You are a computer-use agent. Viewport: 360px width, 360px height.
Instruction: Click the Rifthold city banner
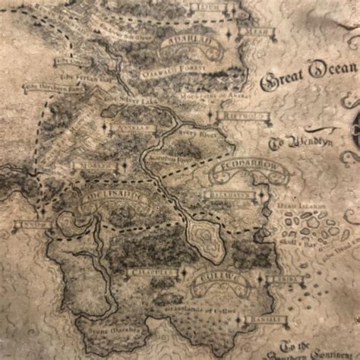pyautogui.click(x=242, y=117)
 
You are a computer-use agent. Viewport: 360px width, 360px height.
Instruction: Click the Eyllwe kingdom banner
pyautogui.click(x=219, y=281)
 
